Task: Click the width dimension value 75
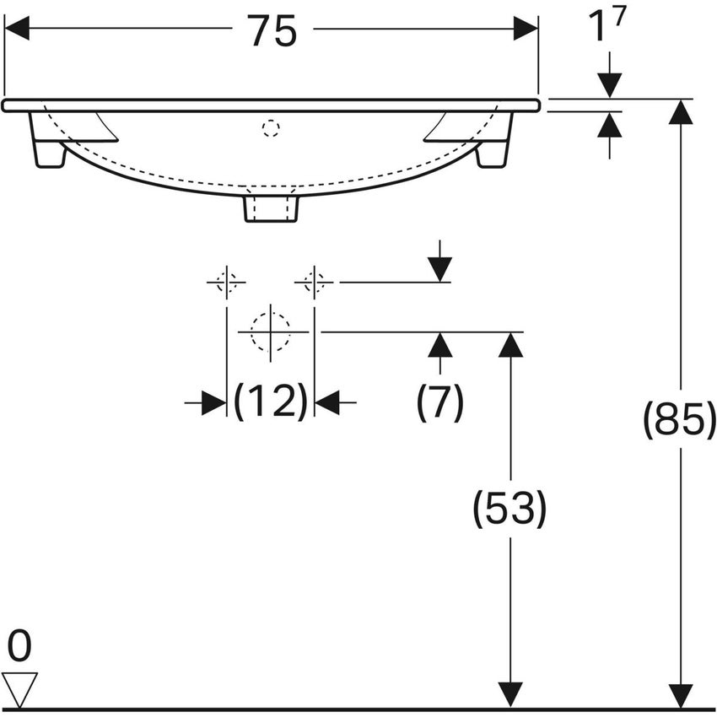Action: [272, 31]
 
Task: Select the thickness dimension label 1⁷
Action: [608, 28]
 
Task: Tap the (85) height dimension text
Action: [679, 419]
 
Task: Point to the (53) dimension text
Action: [509, 509]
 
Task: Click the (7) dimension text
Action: [439, 403]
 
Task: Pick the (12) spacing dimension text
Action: [270, 402]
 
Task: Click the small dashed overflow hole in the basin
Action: [270, 128]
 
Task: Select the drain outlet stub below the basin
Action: [271, 208]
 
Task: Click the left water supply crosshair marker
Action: [226, 282]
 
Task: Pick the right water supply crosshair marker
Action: [314, 282]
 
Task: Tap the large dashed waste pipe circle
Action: [270, 332]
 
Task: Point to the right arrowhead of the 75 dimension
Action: [526, 29]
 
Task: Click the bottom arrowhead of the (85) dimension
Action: [680, 696]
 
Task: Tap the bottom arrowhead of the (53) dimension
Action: [510, 696]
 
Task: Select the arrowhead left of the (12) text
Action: [213, 403]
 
